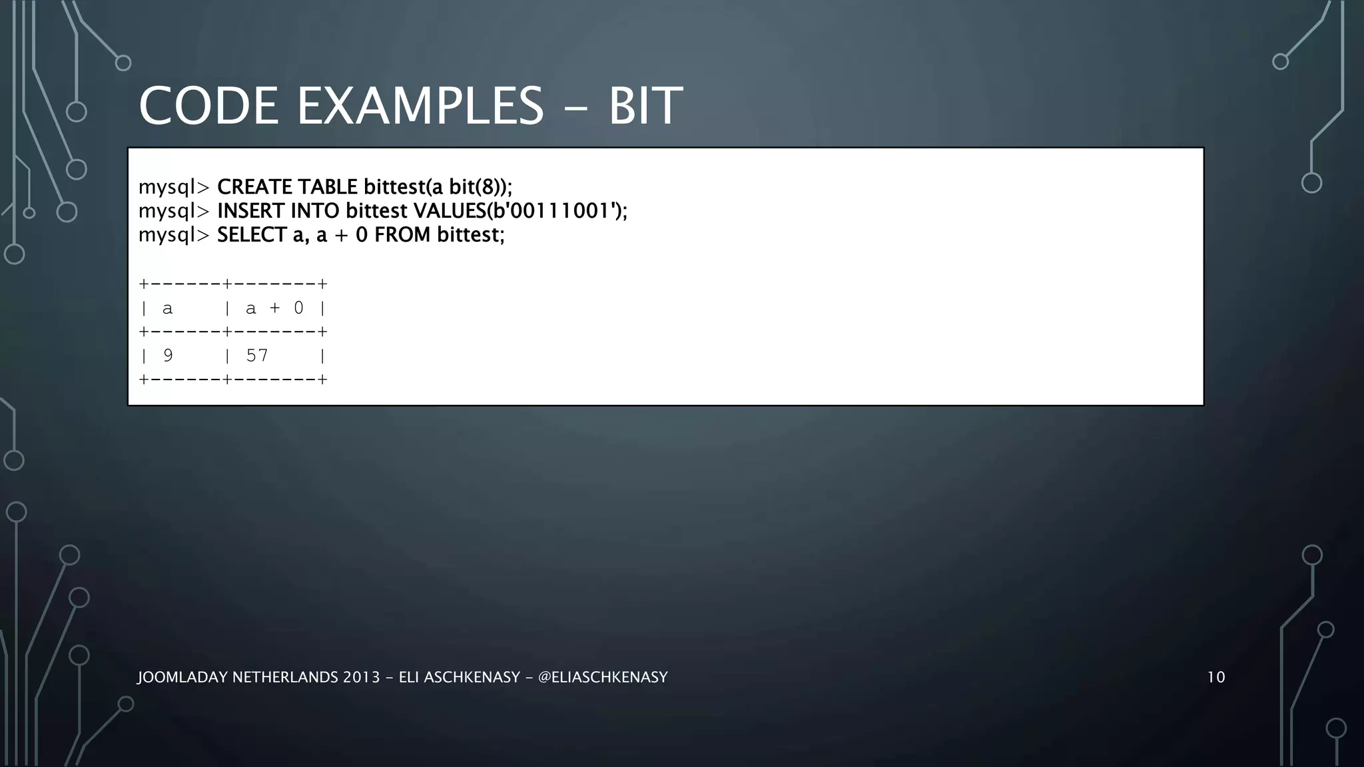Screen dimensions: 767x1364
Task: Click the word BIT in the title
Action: click(645, 106)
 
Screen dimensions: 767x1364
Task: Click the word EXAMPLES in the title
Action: click(420, 106)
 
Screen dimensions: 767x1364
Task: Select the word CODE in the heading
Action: click(208, 106)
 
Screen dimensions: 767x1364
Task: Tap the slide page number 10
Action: click(1215, 678)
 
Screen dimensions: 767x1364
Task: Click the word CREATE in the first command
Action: click(254, 187)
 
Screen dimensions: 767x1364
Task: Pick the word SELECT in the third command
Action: click(252, 235)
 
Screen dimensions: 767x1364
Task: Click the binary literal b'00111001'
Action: click(549, 211)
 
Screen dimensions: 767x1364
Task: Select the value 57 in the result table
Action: click(257, 356)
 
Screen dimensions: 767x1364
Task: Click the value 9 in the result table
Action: click(168, 356)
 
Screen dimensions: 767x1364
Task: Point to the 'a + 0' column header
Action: click(274, 308)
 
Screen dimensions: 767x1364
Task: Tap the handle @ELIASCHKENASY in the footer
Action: click(602, 678)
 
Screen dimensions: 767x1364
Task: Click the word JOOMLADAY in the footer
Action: click(181, 678)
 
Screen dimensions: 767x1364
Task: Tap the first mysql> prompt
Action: click(174, 187)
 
